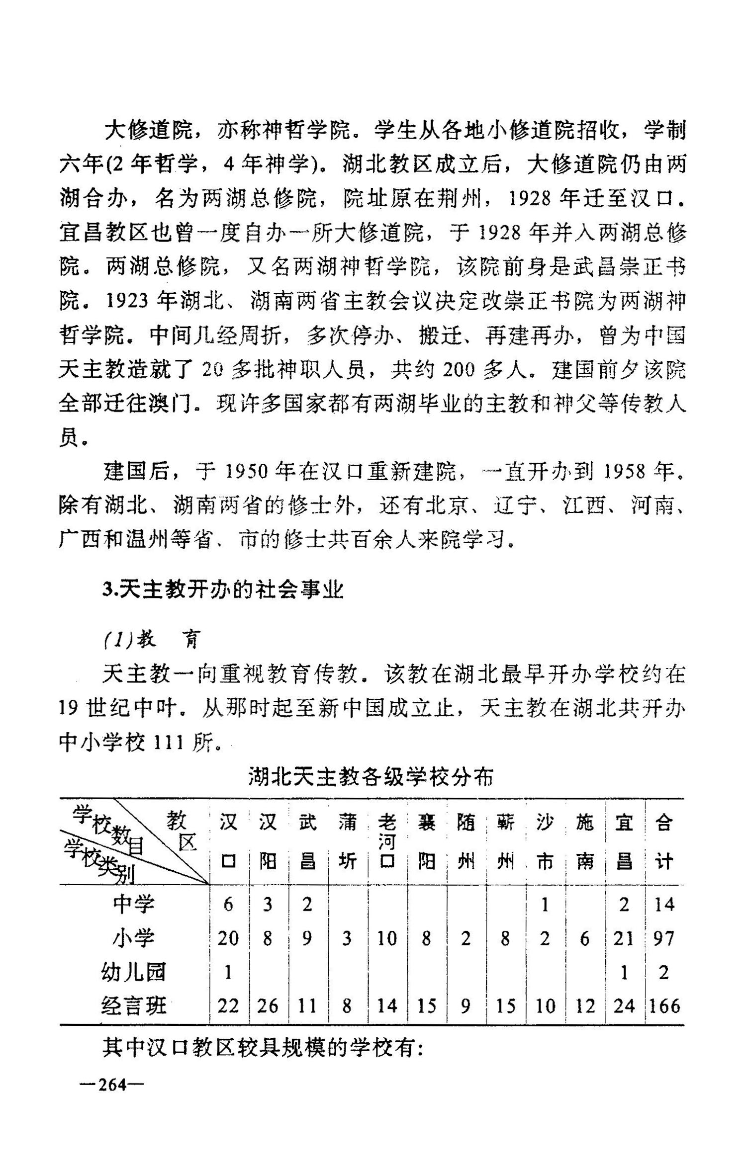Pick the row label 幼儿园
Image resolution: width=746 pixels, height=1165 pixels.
(x=133, y=973)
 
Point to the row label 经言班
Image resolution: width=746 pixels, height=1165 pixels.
(x=133, y=1006)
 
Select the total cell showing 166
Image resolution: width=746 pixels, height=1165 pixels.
(x=665, y=1006)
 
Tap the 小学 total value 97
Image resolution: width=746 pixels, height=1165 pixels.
(x=664, y=939)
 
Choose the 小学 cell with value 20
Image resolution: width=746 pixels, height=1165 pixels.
(x=228, y=939)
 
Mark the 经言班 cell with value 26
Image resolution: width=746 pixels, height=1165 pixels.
(x=268, y=1006)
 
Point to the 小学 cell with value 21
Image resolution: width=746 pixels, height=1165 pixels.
(x=624, y=939)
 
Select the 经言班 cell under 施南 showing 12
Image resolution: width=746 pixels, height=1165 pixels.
(x=584, y=1006)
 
